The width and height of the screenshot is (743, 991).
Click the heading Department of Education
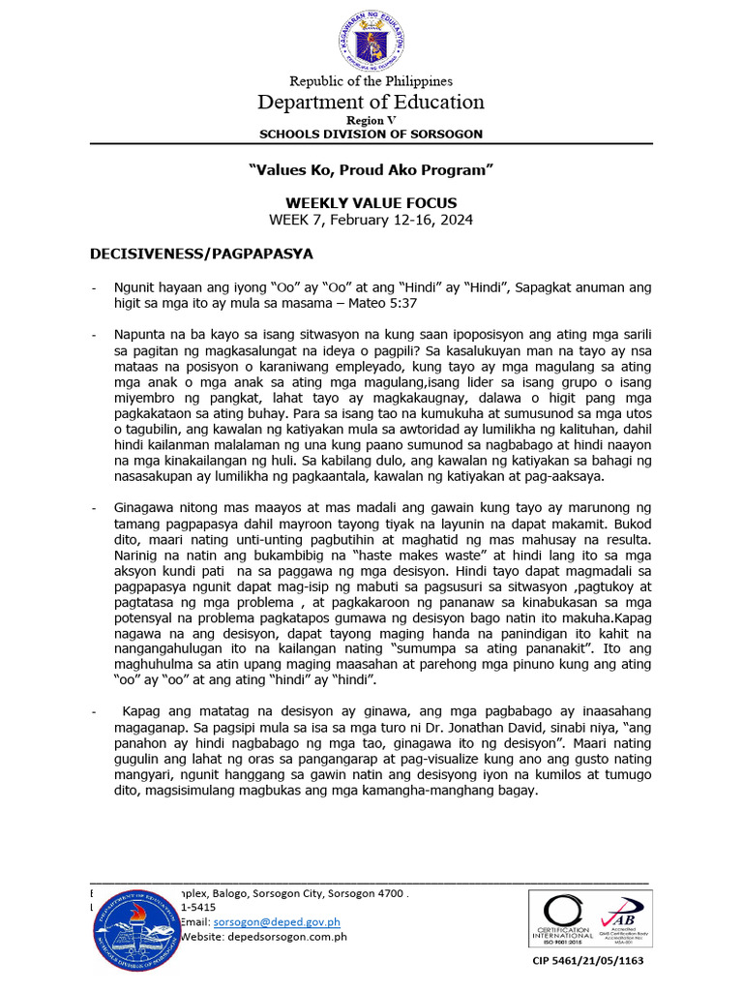coord(371,102)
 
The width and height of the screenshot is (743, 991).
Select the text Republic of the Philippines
coord(371,81)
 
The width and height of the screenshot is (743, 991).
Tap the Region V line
coord(371,119)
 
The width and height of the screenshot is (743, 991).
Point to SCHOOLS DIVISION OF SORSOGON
coord(371,134)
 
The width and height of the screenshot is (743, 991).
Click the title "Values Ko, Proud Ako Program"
coord(371,169)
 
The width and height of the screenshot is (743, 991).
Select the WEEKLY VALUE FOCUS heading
coord(371,203)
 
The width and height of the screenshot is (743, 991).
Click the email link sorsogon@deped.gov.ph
coord(263,923)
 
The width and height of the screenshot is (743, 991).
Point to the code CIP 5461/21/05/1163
coord(588,961)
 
